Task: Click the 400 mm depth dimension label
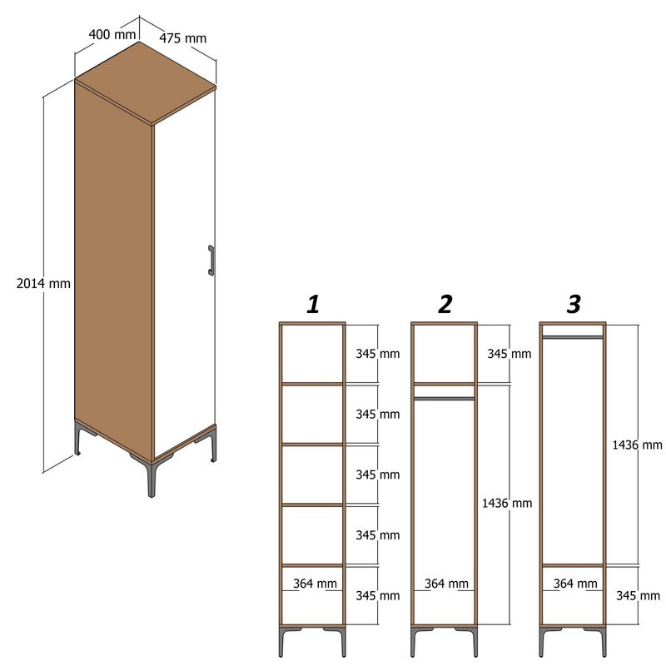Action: click(112, 35)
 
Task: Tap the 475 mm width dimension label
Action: click(183, 37)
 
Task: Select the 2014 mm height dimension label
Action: click(43, 283)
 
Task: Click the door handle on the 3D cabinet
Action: click(211, 260)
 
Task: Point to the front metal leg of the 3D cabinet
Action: click(152, 479)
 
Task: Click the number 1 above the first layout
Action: click(313, 305)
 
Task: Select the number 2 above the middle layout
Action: click(445, 305)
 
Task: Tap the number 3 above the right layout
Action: click(574, 305)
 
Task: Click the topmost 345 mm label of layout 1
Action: click(377, 354)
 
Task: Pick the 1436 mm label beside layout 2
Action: click(506, 503)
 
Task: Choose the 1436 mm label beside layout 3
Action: click(637, 445)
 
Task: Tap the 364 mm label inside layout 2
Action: click(446, 584)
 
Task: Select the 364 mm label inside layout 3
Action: click(574, 584)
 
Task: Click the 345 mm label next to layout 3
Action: click(638, 595)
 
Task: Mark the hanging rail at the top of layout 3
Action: click(573, 336)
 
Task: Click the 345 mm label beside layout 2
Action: click(509, 354)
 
